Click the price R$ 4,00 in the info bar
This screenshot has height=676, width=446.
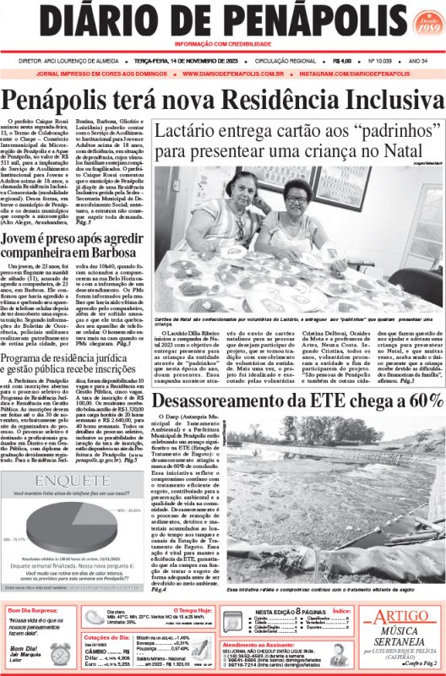coord(342,61)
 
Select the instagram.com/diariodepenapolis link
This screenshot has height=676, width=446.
coord(363,74)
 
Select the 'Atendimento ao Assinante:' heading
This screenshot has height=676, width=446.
coord(262,644)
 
